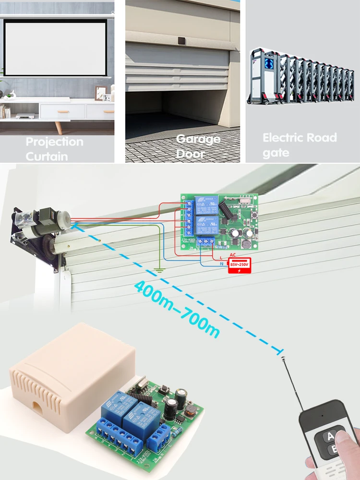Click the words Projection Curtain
54,149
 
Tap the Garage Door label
198,146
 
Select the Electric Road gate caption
300,145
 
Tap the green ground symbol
160,271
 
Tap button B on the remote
331,450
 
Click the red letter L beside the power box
221,258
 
